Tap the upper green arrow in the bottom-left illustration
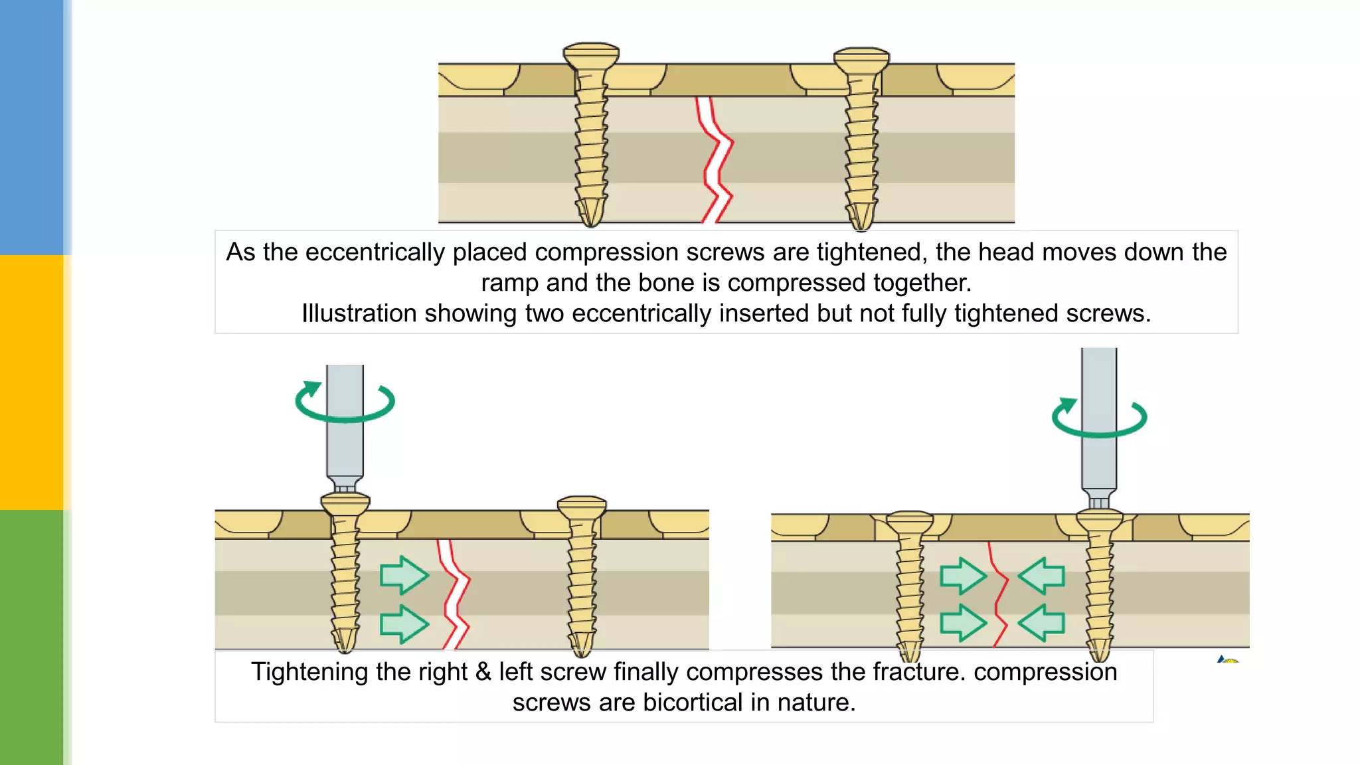[x=404, y=575]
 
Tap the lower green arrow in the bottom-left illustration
[x=404, y=624]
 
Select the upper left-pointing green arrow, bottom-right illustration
[x=1042, y=575]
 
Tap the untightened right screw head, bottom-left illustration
[x=582, y=507]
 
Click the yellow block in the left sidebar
[x=31, y=382]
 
